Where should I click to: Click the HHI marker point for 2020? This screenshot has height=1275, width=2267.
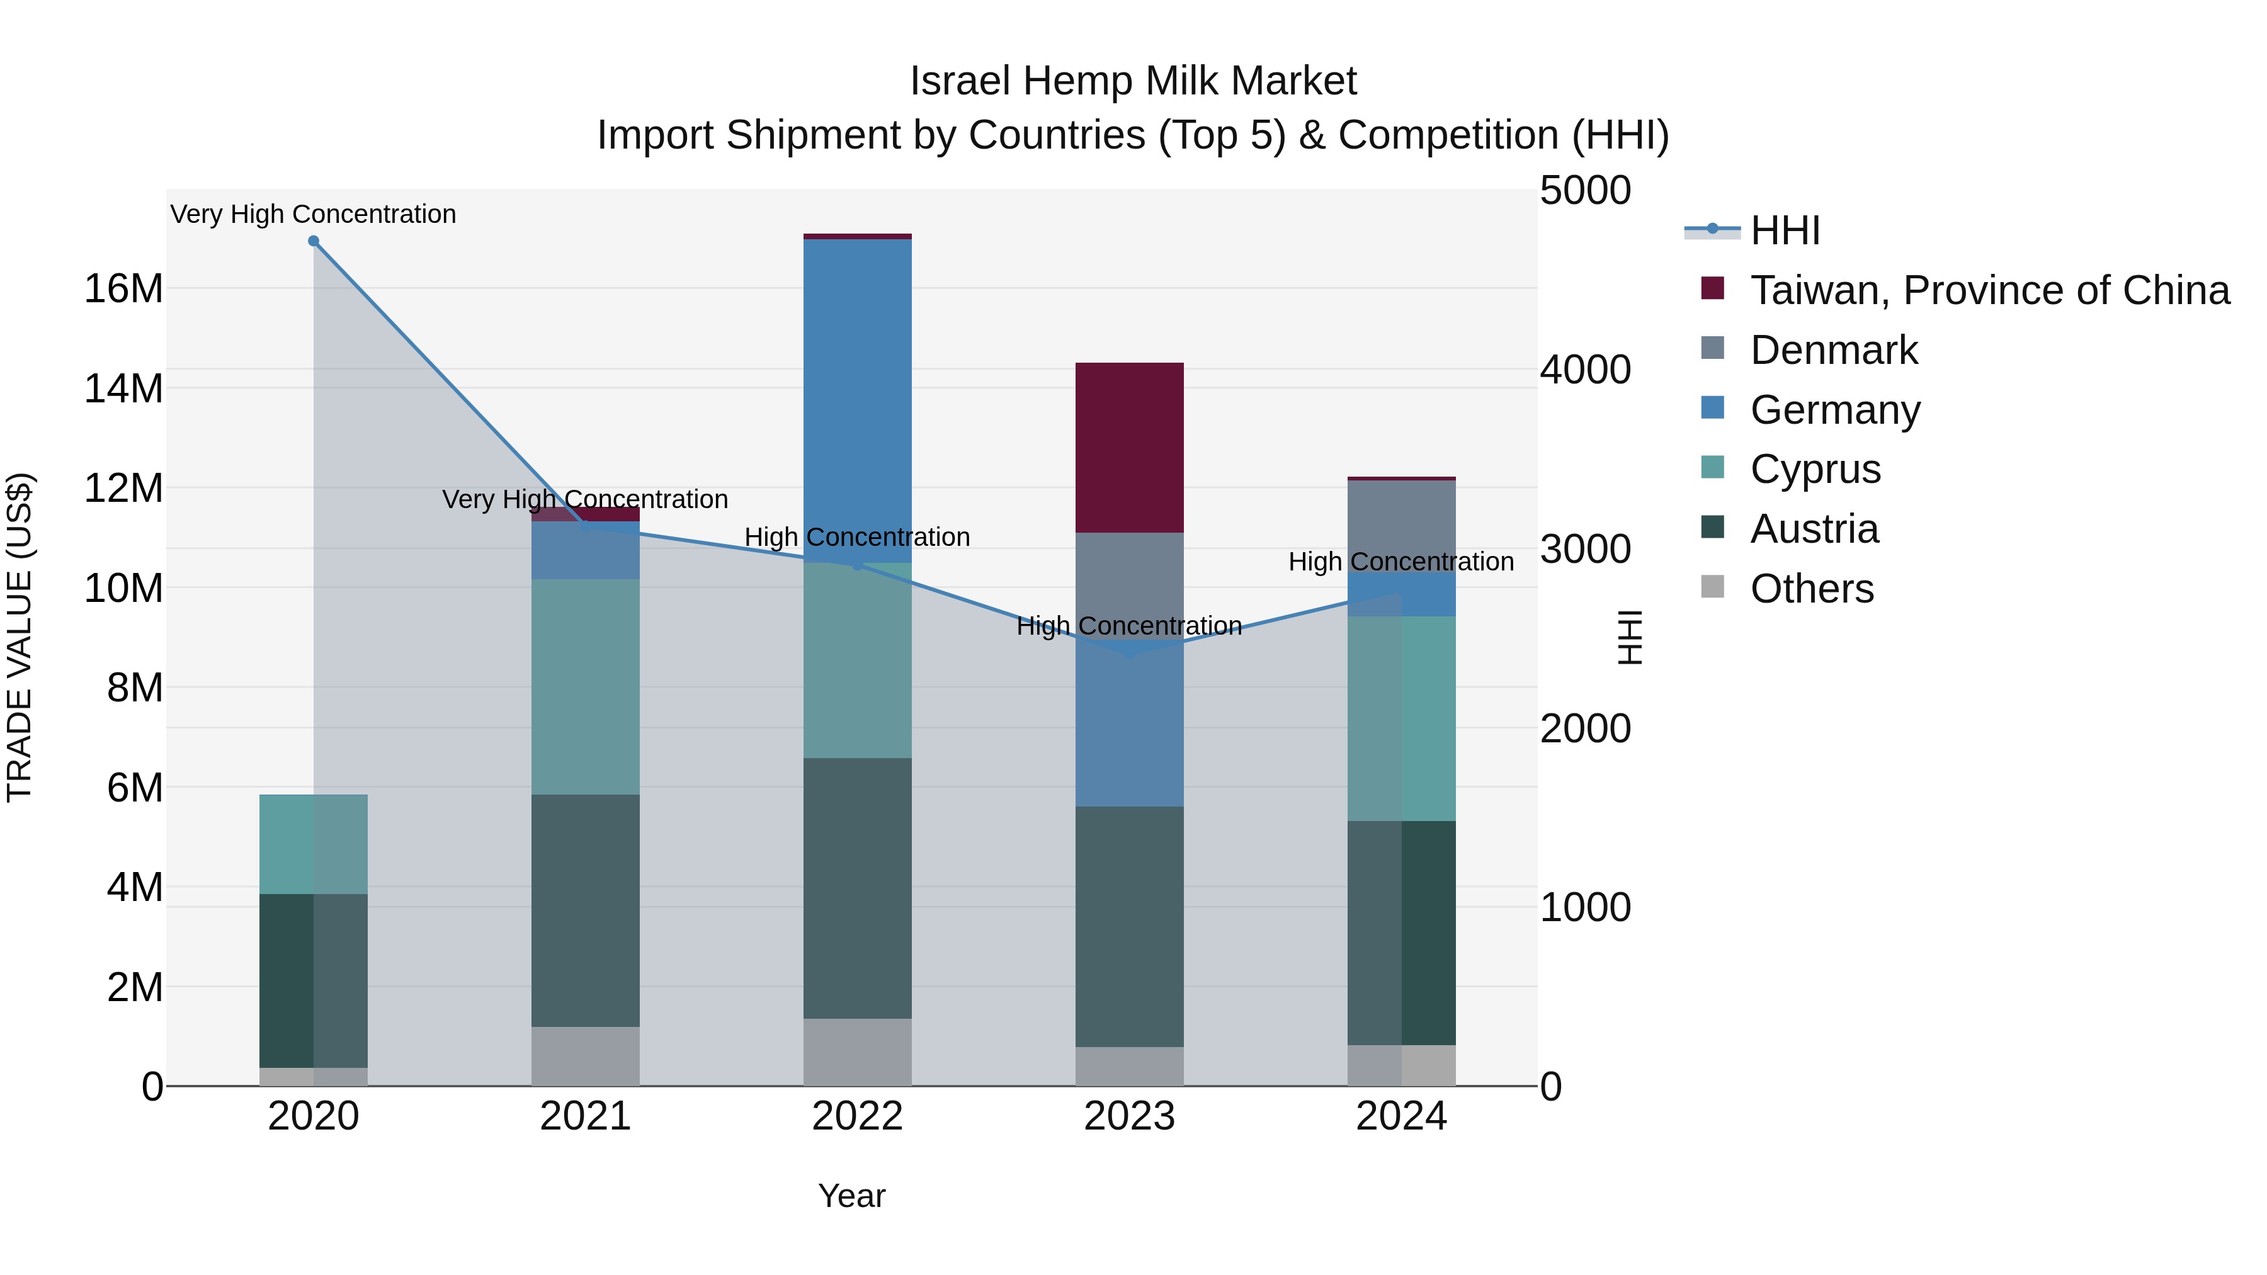(x=314, y=241)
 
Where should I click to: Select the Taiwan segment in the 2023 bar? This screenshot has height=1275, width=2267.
(x=1129, y=447)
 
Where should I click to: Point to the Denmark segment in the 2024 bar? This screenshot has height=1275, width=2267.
(x=1401, y=525)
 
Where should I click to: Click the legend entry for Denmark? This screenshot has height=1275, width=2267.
(x=1833, y=350)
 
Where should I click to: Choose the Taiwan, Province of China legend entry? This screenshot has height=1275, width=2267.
(x=1989, y=290)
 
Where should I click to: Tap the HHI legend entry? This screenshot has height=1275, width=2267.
(x=1784, y=230)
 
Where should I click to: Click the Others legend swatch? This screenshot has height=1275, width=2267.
(x=1713, y=587)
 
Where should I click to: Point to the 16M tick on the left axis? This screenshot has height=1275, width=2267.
(x=123, y=288)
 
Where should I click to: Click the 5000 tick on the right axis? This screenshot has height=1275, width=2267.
(x=1585, y=190)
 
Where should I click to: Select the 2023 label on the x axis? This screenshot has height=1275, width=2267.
(x=1129, y=1116)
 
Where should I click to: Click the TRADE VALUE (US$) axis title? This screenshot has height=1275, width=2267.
(x=20, y=637)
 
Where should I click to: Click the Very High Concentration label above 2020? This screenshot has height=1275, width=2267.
(x=314, y=214)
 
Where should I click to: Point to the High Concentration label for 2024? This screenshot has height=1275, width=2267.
(x=1401, y=562)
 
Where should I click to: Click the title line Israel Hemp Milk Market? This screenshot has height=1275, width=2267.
(x=1133, y=81)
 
